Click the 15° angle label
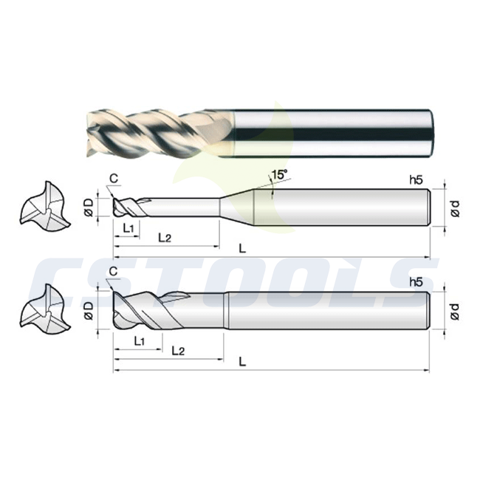(x=280, y=175)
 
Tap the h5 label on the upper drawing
(x=416, y=180)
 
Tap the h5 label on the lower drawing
(x=416, y=282)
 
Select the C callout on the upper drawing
(x=114, y=178)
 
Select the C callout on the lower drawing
(x=113, y=271)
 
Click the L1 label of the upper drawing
(x=128, y=227)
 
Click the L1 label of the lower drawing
(x=140, y=340)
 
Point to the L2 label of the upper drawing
(x=165, y=237)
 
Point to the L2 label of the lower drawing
(x=178, y=351)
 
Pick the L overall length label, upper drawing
(x=242, y=249)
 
